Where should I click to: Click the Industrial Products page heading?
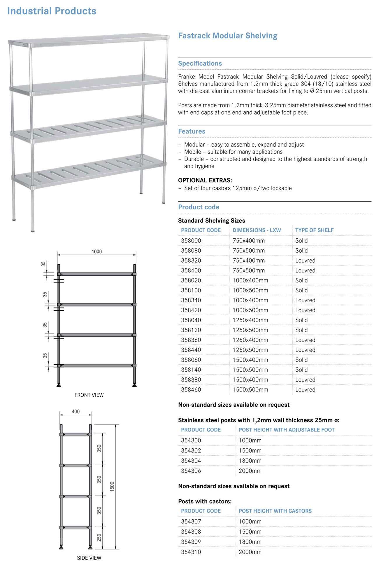(52, 11)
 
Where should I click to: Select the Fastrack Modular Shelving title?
(227, 36)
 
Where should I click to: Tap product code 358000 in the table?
(191, 241)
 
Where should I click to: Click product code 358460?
(191, 390)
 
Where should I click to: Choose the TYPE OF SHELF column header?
(314, 230)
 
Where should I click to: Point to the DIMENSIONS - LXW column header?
(257, 230)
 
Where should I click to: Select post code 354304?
(191, 461)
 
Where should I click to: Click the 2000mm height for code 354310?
(250, 552)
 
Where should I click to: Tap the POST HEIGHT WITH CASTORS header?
(275, 511)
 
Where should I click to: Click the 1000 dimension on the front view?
(96, 252)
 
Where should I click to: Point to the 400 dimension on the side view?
(76, 412)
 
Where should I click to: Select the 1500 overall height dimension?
(112, 487)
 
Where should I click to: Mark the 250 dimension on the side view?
(99, 537)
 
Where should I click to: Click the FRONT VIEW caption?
(89, 395)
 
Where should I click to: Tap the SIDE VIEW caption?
(89, 558)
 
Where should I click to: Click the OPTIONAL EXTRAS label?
(205, 180)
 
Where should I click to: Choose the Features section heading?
(192, 131)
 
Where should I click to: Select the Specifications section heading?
(200, 63)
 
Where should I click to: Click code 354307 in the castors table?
(191, 522)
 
